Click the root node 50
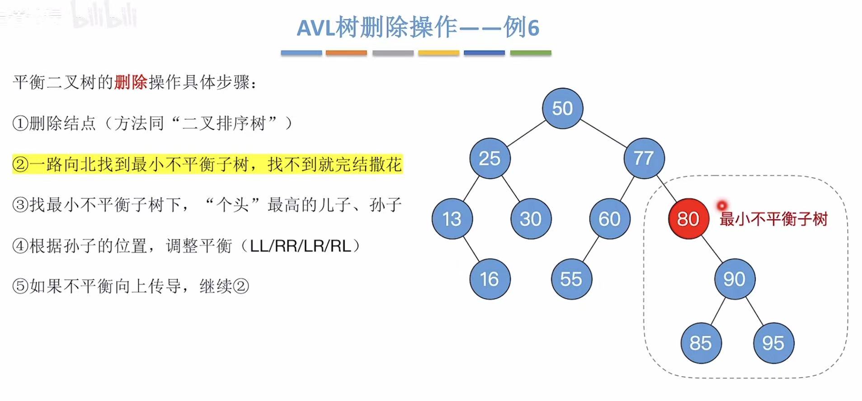[x=562, y=109]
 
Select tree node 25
[x=490, y=158]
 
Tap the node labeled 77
[x=644, y=158]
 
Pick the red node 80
[x=688, y=219]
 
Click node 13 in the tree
[x=452, y=219]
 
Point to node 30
[x=531, y=219]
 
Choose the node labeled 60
[x=609, y=219]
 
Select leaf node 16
[x=490, y=279]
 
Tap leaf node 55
[x=571, y=279]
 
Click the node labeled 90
[x=735, y=279]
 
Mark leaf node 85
[x=701, y=343]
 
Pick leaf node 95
[x=773, y=343]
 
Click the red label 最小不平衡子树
[x=773, y=219]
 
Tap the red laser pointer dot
[x=721, y=206]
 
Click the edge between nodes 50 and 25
[x=526, y=134]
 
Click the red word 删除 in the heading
[x=131, y=82]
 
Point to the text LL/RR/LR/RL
[x=300, y=246]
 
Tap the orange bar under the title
[x=346, y=53]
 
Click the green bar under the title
[x=531, y=53]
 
